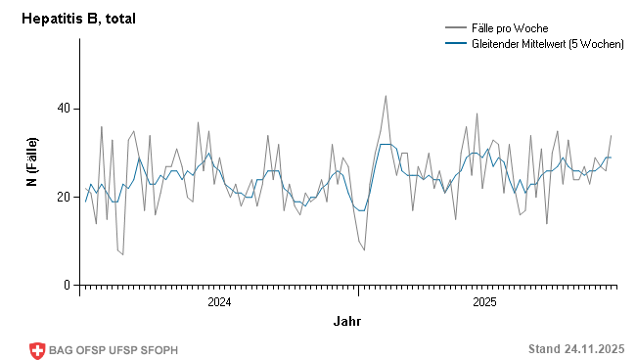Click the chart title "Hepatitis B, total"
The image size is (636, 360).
pyautogui.click(x=78, y=18)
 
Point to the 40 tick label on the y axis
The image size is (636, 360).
pyautogui.click(x=63, y=109)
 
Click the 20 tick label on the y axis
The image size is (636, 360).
pyautogui.click(x=63, y=197)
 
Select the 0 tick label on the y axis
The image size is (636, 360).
pyautogui.click(x=67, y=286)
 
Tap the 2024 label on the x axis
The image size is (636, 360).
pyautogui.click(x=219, y=302)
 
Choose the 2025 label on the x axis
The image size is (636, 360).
pyautogui.click(x=485, y=302)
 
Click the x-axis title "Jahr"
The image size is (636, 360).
pyautogui.click(x=347, y=321)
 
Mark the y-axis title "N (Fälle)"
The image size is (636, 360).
pyautogui.click(x=31, y=162)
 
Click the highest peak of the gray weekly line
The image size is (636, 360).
pyautogui.click(x=386, y=96)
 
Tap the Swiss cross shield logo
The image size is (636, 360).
pyautogui.click(x=38, y=350)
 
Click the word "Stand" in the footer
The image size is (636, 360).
pyautogui.click(x=544, y=349)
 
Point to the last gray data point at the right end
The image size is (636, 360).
pyautogui.click(x=612, y=135)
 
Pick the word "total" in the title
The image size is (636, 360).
pyautogui.click(x=121, y=18)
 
